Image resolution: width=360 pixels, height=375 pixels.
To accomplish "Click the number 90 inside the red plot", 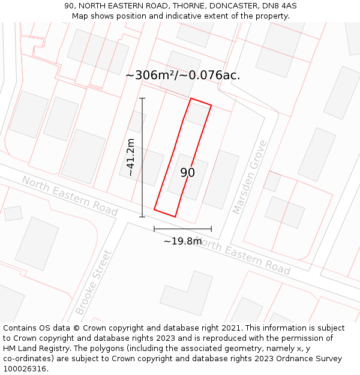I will point(188,173).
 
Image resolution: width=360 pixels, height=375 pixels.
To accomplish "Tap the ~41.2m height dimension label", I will point(130,157).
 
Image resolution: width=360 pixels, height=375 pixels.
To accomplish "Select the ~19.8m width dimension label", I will point(183,241).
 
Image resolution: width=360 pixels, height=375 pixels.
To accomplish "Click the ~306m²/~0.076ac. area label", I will point(182,75).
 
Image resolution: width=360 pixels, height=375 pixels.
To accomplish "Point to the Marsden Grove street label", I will point(249,178).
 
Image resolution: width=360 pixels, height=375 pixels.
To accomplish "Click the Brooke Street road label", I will point(94,282).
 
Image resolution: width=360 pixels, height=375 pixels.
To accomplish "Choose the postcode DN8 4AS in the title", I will point(278,6).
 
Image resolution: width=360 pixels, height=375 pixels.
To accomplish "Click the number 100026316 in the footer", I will point(25,369).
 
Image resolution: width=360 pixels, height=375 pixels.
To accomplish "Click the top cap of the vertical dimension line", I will point(142,98).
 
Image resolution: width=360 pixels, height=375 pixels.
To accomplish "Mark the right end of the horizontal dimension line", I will point(211,229).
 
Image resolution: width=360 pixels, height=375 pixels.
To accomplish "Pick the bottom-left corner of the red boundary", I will point(155,209).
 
